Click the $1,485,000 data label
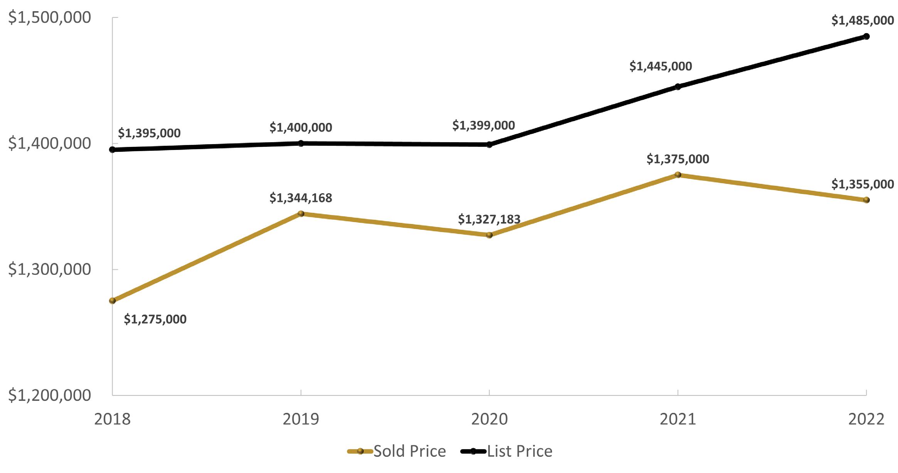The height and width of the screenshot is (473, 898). pyautogui.click(x=863, y=20)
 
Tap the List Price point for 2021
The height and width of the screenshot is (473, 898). pyautogui.click(x=678, y=87)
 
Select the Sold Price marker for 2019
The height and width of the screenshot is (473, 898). pyautogui.click(x=301, y=214)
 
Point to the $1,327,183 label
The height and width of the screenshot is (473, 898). pyautogui.click(x=489, y=219)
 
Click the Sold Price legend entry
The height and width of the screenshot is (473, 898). pyautogui.click(x=397, y=451)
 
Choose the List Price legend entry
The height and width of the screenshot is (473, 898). pyautogui.click(x=507, y=451)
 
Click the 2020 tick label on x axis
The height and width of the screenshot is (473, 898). pyautogui.click(x=489, y=419)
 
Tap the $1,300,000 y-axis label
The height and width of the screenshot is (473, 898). pyautogui.click(x=49, y=269)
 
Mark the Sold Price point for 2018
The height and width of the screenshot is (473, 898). pyautogui.click(x=113, y=301)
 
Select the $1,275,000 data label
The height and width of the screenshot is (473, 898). pyautogui.click(x=155, y=319)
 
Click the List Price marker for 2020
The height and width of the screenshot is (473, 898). pyautogui.click(x=489, y=145)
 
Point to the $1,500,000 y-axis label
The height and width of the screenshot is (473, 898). pyautogui.click(x=49, y=18)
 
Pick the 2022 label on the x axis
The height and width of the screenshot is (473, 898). pyautogui.click(x=866, y=419)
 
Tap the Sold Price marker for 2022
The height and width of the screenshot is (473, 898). pyautogui.click(x=866, y=200)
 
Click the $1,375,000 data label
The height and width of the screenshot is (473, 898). pyautogui.click(x=677, y=159)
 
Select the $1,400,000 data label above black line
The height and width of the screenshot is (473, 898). pyautogui.click(x=301, y=127)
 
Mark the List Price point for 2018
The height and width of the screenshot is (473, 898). pyautogui.click(x=113, y=150)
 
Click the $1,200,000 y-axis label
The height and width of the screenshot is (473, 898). pyautogui.click(x=49, y=396)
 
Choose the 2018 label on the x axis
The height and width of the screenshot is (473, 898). pyautogui.click(x=113, y=419)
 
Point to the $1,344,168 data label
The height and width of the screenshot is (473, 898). pyautogui.click(x=301, y=198)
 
